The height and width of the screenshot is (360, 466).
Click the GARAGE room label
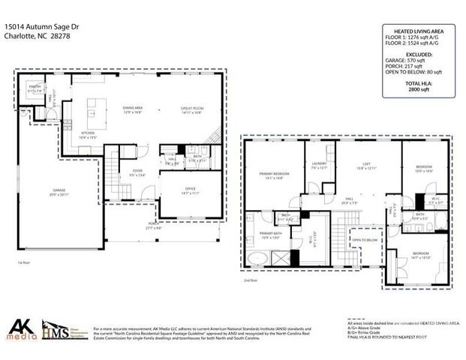59,191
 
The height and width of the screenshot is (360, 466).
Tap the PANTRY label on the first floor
35,88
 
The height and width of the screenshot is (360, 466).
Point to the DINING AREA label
133,109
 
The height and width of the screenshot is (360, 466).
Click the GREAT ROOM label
192,109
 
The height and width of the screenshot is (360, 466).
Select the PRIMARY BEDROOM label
271,174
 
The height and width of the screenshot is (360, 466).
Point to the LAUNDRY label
319,164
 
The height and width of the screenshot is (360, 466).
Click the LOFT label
367,164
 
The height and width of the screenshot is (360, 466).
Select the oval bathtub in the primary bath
257,260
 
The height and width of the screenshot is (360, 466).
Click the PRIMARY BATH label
269,235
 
